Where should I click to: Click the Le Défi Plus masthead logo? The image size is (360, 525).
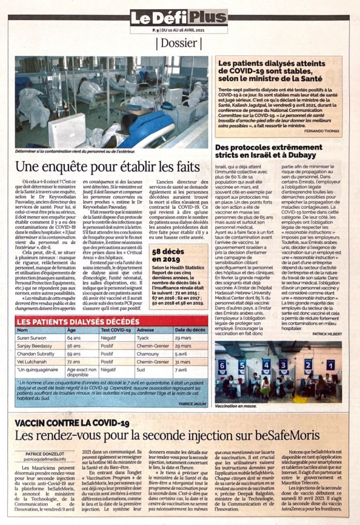178,18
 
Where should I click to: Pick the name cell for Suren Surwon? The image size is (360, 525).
32,338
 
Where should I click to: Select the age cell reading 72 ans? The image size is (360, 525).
74,361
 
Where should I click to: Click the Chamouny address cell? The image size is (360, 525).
149,354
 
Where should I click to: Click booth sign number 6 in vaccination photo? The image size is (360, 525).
222,365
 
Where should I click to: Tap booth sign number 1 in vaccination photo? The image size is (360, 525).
331,365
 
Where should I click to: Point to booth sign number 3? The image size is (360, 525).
283,364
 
